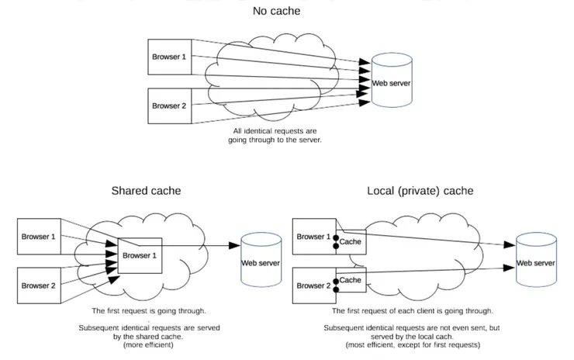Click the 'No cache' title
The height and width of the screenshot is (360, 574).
pyautogui.click(x=277, y=12)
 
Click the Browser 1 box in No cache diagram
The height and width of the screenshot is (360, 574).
pyautogui.click(x=168, y=57)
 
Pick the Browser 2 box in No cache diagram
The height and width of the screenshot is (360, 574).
pyautogui.click(x=168, y=106)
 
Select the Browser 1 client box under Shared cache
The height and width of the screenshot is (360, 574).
pyautogui.click(x=38, y=235)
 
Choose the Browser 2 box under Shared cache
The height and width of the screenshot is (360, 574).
pyautogui.click(x=38, y=284)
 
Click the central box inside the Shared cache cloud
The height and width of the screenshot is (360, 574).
pyautogui.click(x=140, y=255)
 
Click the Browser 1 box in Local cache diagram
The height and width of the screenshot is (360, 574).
pyautogui.click(x=314, y=235)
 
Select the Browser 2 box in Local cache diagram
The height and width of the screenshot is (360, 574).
pyautogui.click(x=314, y=284)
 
